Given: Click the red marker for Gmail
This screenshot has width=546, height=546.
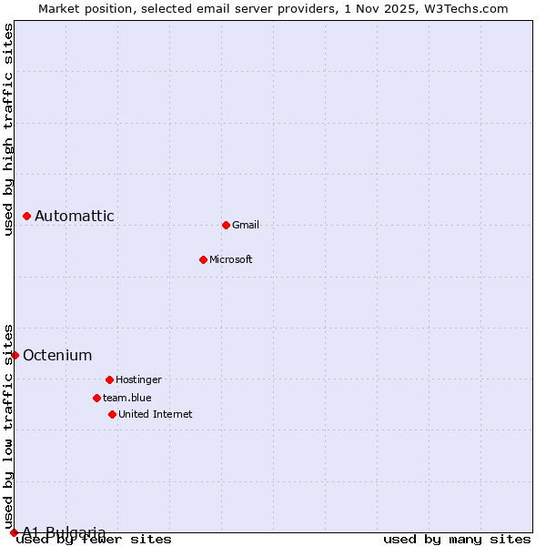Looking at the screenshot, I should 226,225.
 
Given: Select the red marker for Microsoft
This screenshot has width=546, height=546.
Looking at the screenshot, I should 203,259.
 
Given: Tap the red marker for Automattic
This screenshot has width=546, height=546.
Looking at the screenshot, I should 26,216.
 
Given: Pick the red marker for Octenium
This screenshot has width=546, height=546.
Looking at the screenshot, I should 15,355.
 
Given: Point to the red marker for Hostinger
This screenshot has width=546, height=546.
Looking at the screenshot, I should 109,379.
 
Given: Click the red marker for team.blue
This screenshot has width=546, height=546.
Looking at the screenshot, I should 96,398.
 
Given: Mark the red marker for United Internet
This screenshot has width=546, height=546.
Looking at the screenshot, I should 112,414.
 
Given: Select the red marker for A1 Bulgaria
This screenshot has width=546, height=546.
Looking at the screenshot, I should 14,532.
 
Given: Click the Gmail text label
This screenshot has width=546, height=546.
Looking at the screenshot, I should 246,225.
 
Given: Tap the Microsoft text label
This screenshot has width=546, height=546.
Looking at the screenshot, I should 231,259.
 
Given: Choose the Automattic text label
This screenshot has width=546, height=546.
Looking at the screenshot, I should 75,216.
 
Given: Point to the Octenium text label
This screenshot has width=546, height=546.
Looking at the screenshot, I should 57,355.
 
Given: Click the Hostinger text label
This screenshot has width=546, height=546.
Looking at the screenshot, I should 138,379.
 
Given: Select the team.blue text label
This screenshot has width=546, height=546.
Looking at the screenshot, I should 127,398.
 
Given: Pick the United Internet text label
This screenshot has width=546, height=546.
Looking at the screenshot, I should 156,414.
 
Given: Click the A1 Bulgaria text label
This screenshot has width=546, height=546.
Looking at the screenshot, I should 64,532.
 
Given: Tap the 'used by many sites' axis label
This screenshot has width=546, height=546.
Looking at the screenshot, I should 457,539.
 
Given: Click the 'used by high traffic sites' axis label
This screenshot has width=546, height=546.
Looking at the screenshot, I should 8,129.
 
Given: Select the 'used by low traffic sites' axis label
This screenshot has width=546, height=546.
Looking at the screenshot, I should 8,426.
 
